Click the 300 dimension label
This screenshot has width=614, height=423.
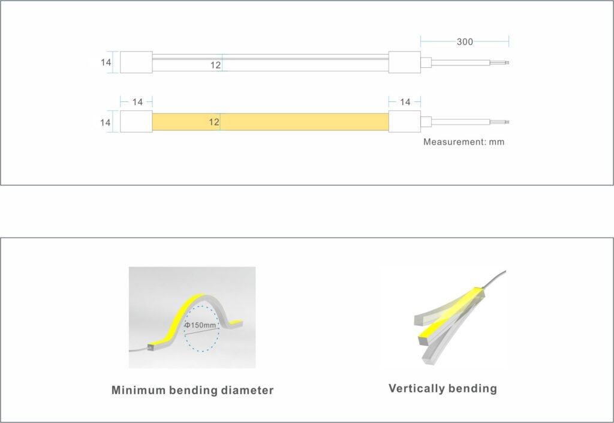tap(465, 42)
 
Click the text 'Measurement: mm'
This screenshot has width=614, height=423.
tap(463, 142)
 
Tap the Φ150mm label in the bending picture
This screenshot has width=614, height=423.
tap(200, 325)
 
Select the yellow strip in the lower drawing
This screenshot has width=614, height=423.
tap(270, 122)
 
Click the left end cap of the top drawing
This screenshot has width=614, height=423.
tap(136, 62)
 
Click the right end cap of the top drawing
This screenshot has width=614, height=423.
tap(405, 62)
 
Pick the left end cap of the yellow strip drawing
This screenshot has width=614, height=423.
tap(136, 121)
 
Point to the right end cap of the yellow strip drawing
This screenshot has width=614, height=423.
tap(405, 121)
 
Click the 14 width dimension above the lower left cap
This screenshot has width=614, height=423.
tap(137, 102)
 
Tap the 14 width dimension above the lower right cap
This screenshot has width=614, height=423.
tap(405, 102)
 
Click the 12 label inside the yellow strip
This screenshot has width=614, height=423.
tap(214, 122)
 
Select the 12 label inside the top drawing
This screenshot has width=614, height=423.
tap(215, 65)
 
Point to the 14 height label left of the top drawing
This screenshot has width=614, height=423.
tap(106, 62)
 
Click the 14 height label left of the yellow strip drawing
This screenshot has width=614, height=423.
tap(105, 122)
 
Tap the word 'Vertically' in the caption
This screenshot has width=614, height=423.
tap(416, 388)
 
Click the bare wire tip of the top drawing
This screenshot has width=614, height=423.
tap(507, 62)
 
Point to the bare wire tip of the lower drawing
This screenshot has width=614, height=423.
tap(507, 122)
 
